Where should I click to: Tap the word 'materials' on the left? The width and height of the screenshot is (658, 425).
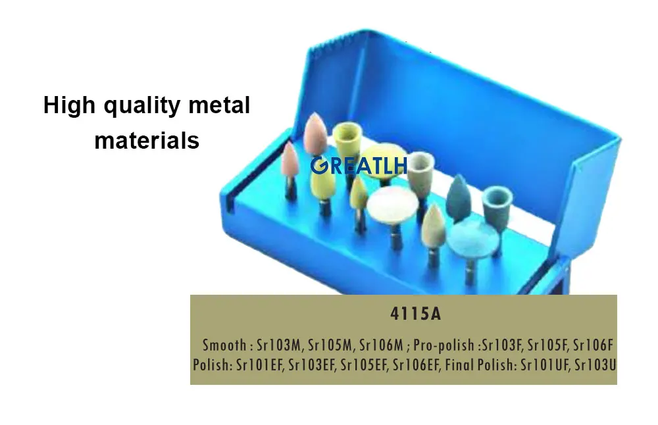tap(147, 139)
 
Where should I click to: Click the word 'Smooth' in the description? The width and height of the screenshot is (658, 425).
tap(224, 345)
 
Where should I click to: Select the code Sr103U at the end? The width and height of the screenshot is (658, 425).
tap(595, 363)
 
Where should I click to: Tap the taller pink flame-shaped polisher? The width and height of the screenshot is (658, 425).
tap(316, 134)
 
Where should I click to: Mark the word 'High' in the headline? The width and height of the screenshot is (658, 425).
tap(64, 105)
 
